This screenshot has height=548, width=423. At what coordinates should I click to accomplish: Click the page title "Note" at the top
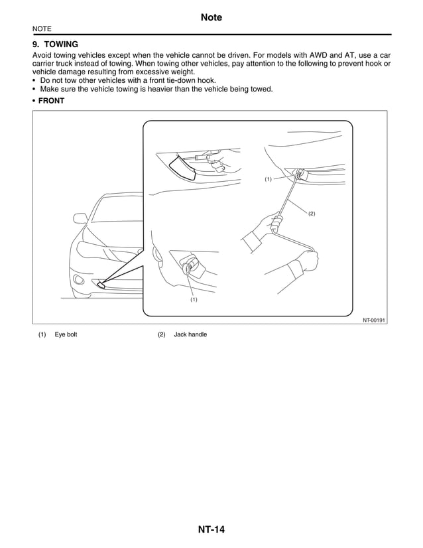tap(211, 18)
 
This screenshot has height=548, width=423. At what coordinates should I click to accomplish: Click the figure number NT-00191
tap(374, 319)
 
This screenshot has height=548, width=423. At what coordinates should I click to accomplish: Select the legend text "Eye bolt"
tap(66, 334)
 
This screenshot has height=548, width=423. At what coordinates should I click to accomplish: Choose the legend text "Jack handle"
tap(190, 334)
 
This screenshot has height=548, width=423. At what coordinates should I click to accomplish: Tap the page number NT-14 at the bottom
tap(211, 529)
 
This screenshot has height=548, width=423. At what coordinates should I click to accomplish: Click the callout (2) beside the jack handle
tap(311, 213)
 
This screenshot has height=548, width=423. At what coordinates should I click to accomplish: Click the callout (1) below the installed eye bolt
tap(194, 300)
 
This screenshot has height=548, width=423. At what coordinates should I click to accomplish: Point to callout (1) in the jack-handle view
tap(268, 179)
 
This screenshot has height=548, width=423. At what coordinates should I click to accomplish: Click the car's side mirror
tap(80, 218)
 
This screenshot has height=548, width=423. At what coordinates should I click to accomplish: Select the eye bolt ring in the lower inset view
tap(188, 269)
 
